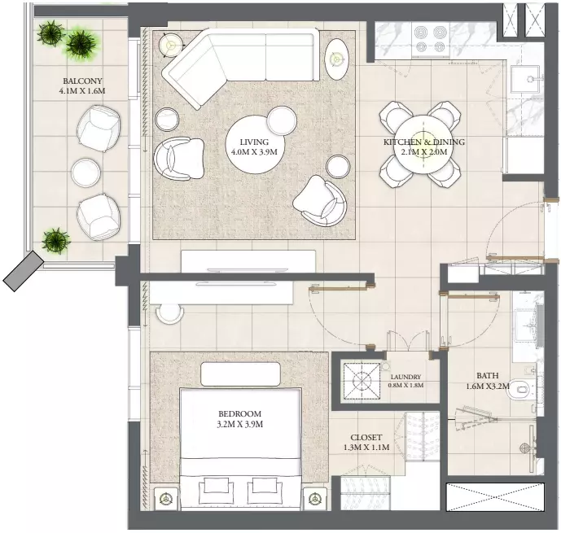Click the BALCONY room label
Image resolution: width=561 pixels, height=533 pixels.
82,81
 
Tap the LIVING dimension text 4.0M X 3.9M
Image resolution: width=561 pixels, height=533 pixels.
254,152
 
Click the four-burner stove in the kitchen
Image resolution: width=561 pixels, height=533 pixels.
431,39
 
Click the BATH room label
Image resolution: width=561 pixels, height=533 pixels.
487,375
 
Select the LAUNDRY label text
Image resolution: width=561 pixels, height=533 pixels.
405,377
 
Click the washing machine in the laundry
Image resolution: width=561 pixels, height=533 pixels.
362,381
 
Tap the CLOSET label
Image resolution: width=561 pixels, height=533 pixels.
366,437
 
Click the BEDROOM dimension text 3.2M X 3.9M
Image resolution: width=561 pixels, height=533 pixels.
239,424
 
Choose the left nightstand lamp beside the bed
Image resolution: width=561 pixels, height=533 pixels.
165,499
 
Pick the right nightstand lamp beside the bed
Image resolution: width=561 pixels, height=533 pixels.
315,498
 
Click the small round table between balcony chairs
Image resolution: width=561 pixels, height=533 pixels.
85,173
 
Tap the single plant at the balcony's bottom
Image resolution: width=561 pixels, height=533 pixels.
55,241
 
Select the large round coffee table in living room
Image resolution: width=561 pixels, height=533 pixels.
254,144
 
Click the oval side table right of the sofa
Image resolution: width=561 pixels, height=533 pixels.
336,59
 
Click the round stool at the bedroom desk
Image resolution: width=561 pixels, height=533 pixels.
170,314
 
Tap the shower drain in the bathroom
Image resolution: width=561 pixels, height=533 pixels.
524,448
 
